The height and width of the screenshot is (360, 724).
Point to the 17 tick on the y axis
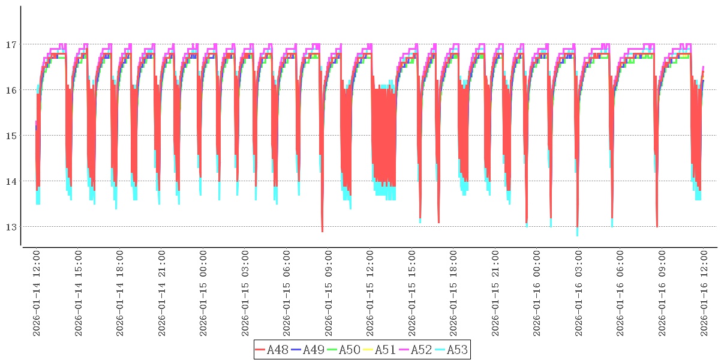(11, 44)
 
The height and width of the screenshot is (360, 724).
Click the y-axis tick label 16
(11, 90)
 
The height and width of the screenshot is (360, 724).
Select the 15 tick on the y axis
(11, 136)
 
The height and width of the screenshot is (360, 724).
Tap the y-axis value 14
(11, 181)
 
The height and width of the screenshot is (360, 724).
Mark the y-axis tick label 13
(11, 227)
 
